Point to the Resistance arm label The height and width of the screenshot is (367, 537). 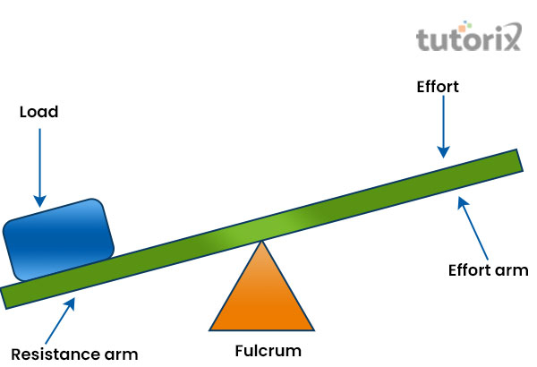tap(74, 353)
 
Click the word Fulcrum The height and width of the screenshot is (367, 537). tap(268, 350)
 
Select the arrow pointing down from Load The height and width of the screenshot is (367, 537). tap(38, 166)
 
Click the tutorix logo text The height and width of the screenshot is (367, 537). tap(468, 40)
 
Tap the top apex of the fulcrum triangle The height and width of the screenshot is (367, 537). tap(261, 242)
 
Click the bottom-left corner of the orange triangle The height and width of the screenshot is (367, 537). tap(211, 329)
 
